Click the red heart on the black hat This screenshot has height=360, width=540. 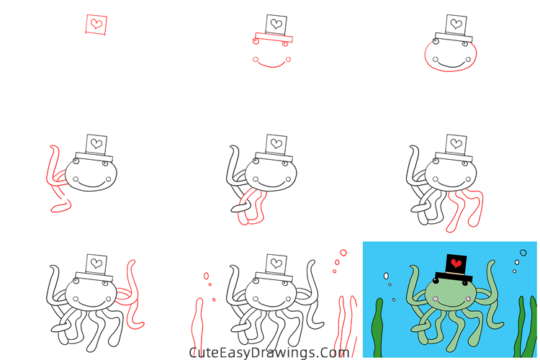coord(455,264)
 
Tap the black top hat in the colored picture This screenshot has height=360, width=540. coord(455,269)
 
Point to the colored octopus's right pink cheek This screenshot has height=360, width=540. coord(467,296)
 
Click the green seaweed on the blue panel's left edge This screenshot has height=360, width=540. coord(378,331)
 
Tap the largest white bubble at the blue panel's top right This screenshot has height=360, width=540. coord(523,254)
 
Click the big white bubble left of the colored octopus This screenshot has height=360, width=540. coord(387,276)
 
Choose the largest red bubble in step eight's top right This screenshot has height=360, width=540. coord(343,253)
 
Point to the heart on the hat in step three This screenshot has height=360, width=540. coord(456,24)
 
